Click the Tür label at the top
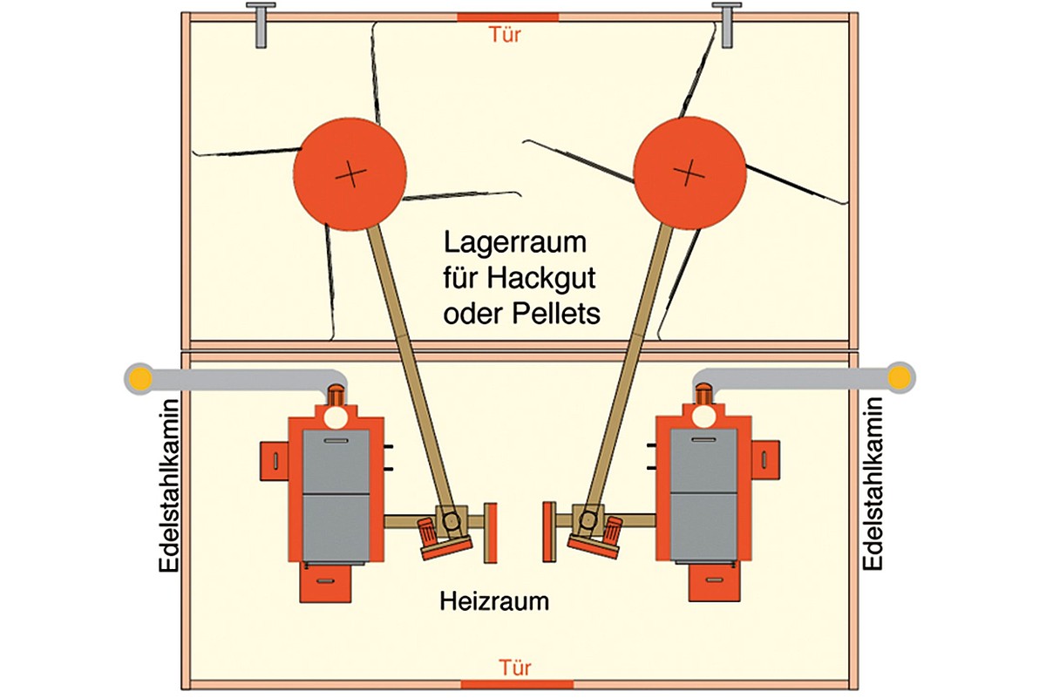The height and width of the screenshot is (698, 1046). point(505,35)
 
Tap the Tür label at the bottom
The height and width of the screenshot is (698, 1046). point(514,668)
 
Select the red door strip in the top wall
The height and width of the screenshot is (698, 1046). point(507,17)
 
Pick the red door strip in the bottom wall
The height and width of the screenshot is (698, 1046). point(517,685)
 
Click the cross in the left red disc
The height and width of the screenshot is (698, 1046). point(350,174)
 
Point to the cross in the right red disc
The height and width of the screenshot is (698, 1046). point(689,172)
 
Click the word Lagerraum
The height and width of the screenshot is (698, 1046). point(514,243)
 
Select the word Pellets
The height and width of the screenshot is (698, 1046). point(556,313)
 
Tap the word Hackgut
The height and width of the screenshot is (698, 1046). point(540,279)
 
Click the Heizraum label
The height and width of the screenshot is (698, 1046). point(494,601)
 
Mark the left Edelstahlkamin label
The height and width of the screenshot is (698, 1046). point(168,485)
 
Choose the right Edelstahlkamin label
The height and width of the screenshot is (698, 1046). point(872,484)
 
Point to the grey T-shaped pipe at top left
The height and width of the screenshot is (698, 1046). point(261,24)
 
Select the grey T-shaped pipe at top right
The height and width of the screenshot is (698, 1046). point(726,24)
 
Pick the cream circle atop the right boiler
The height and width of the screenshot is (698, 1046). point(704,417)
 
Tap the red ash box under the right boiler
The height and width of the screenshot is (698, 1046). point(715,582)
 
